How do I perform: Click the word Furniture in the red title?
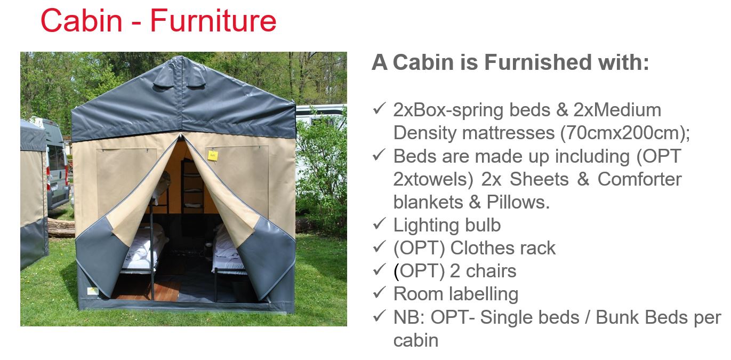(x=213, y=21)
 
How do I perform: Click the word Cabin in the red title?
(x=81, y=20)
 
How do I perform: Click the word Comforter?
(x=639, y=179)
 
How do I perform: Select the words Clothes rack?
(x=503, y=248)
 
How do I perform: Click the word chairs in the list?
(x=491, y=271)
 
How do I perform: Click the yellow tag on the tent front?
(x=213, y=155)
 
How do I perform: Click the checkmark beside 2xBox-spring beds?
(x=379, y=108)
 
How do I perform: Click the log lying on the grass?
(x=61, y=228)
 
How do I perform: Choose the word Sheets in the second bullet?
(x=539, y=179)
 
